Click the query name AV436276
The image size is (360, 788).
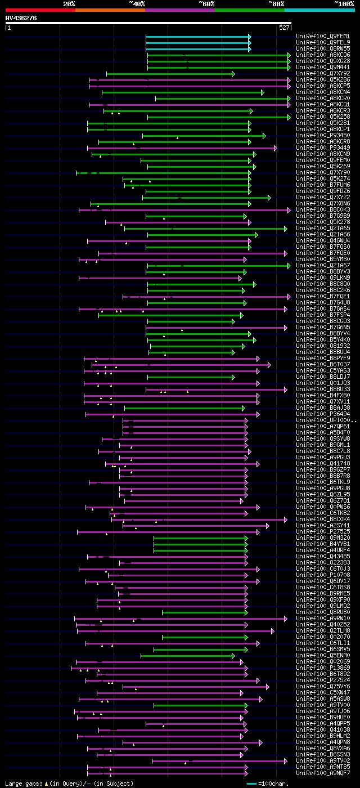[21, 18]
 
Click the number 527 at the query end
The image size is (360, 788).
[284, 27]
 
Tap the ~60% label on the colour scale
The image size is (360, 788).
[206, 3]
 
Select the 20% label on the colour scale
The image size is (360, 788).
[69, 3]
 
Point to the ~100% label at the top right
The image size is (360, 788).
[343, 3]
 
